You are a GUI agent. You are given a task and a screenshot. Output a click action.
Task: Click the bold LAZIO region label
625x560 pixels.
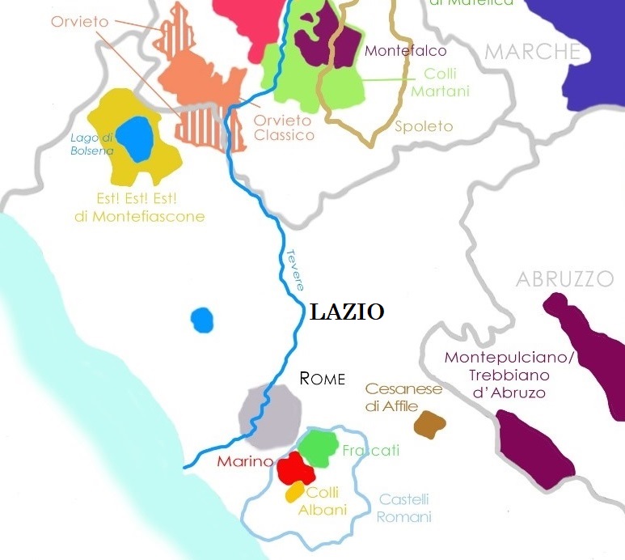(x=346, y=312)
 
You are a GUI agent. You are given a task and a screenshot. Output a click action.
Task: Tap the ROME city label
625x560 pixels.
(x=322, y=378)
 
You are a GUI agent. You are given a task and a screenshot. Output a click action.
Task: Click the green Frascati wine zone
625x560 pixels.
(x=318, y=448)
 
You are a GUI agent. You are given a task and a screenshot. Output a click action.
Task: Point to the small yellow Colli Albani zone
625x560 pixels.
(x=294, y=492)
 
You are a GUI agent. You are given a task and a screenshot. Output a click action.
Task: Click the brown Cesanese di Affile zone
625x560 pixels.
(x=429, y=423)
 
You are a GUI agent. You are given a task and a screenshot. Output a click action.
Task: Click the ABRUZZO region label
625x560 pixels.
(x=565, y=280)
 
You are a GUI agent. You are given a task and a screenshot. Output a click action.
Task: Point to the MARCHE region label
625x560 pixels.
(x=532, y=53)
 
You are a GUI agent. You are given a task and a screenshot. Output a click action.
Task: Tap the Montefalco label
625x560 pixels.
(x=406, y=51)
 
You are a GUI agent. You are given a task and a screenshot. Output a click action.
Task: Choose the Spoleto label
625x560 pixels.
(x=424, y=127)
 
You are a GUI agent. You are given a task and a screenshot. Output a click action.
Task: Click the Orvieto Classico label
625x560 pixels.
(x=284, y=128)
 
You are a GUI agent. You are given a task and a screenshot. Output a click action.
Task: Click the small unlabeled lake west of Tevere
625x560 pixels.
(x=202, y=320)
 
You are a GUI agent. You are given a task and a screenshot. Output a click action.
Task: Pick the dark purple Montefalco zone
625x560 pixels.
(x=327, y=39)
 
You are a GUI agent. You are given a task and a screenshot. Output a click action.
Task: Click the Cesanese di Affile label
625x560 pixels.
(x=403, y=397)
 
